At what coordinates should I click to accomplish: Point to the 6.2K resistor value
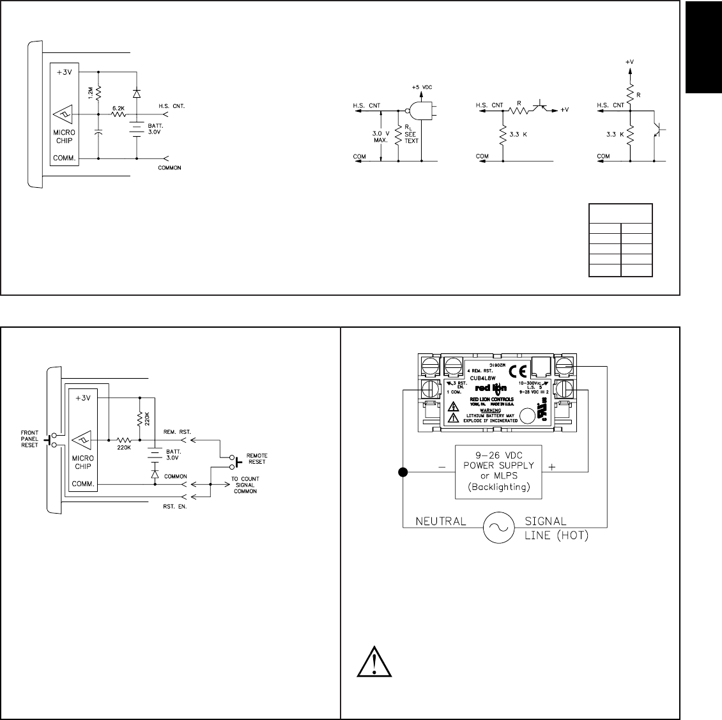coord(118,109)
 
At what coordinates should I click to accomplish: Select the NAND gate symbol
coord(419,111)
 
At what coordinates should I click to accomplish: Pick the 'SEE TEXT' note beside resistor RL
coord(411,137)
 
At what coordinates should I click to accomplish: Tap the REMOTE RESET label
coord(257,459)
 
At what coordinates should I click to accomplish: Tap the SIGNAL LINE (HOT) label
coord(546,528)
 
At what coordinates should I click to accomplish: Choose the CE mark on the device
coord(521,371)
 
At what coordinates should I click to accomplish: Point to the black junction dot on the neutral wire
coord(403,473)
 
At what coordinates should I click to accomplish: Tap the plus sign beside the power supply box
coord(553,467)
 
